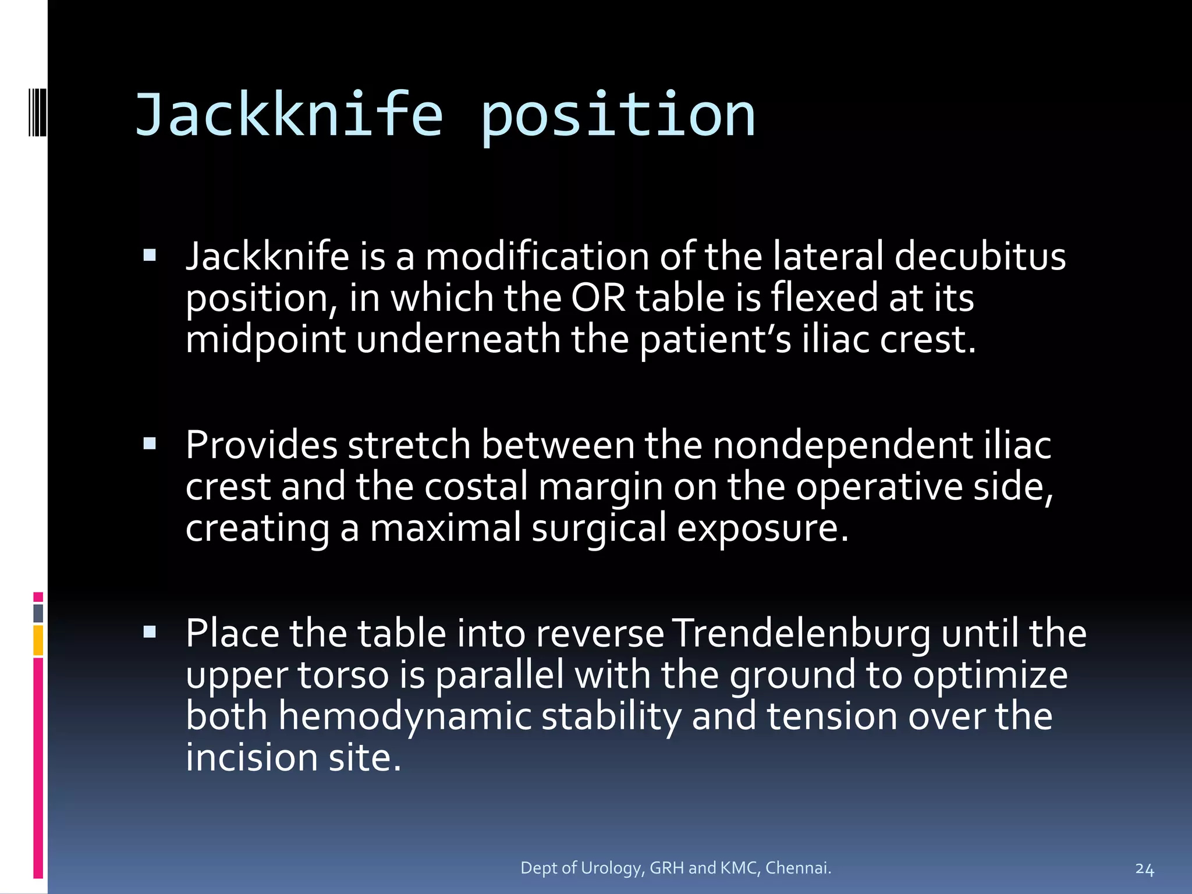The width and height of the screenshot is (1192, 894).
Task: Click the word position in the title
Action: [618, 116]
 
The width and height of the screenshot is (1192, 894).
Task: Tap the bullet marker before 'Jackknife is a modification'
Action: [150, 256]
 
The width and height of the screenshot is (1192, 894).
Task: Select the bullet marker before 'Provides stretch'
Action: [150, 444]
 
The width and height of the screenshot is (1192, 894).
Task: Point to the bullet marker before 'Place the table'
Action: [150, 632]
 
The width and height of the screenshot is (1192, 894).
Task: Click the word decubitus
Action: [980, 256]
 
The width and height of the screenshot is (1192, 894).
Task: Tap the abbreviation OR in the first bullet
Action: [598, 297]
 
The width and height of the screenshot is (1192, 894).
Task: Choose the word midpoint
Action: [265, 339]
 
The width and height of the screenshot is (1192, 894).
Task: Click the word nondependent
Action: [842, 445]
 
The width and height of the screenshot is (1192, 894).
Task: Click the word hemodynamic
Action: [405, 716]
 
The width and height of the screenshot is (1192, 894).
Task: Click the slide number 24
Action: [1144, 869]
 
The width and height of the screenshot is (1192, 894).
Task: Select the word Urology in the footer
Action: [612, 868]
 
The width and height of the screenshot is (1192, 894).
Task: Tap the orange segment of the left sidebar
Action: [38, 640]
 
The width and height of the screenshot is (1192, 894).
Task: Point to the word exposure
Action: [762, 528]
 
